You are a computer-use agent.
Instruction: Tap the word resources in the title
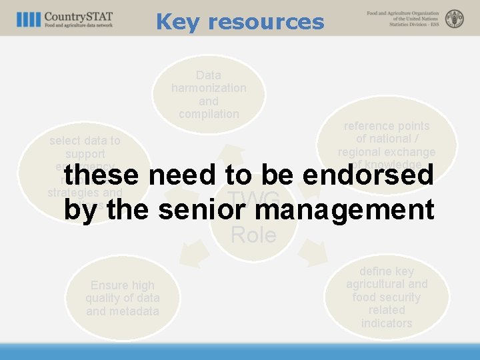(266, 22)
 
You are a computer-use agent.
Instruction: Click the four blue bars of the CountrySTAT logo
(29, 19)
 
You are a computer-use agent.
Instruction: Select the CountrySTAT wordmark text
(79, 16)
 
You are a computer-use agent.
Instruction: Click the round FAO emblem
(455, 19)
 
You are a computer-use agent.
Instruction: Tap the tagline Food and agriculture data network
(79, 25)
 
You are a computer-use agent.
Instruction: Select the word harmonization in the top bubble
(209, 88)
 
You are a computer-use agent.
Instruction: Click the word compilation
(209, 114)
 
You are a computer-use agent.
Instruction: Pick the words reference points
(387, 126)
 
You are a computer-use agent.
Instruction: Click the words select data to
(85, 141)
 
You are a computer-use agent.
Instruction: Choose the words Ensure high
(122, 285)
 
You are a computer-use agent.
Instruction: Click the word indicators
(387, 323)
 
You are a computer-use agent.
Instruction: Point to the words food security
(387, 297)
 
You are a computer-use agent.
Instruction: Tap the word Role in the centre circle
(253, 235)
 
